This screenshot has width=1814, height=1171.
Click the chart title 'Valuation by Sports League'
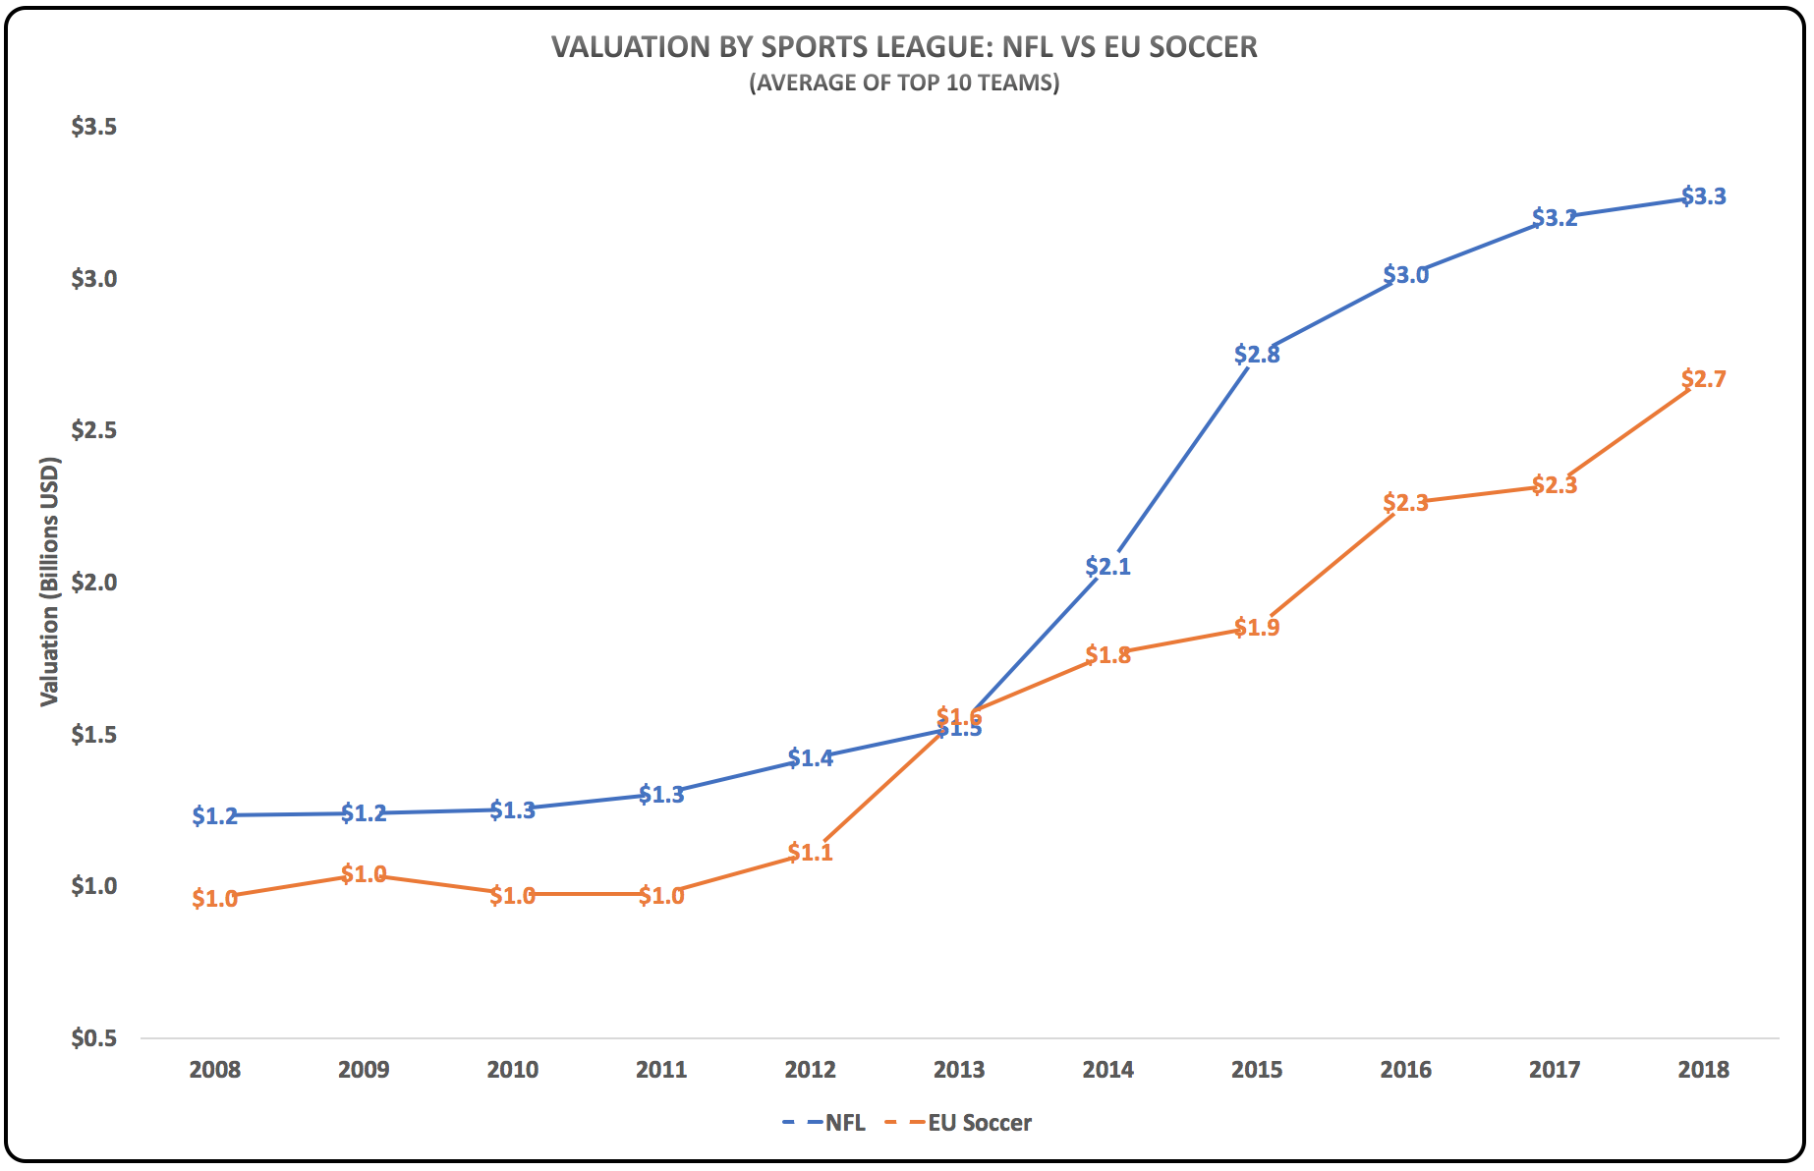pos(904,47)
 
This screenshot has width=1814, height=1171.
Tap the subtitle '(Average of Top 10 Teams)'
pos(904,83)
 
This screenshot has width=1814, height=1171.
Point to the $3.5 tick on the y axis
pos(93,127)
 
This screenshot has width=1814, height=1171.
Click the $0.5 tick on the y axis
pos(93,1038)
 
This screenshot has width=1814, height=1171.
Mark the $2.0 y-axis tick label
pos(93,583)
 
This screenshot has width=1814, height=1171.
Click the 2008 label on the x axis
pos(214,1070)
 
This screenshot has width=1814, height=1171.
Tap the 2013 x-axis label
pos(959,1070)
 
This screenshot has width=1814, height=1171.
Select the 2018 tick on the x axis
pos(1703,1070)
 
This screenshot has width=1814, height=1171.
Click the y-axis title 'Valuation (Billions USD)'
pos(50,582)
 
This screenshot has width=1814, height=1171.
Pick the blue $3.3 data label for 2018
pos(1703,196)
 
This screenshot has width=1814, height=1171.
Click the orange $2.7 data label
pos(1703,379)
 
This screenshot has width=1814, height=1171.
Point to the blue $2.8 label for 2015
pos(1257,355)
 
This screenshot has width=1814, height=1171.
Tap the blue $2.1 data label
pos(1107,567)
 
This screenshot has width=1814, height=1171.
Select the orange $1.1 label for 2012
pos(810,853)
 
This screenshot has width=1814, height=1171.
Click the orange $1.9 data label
pos(1257,628)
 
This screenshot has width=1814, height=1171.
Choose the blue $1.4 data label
pos(810,758)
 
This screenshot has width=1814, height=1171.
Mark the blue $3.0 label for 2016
pos(1405,275)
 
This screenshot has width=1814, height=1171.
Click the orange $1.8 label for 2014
pos(1107,655)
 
